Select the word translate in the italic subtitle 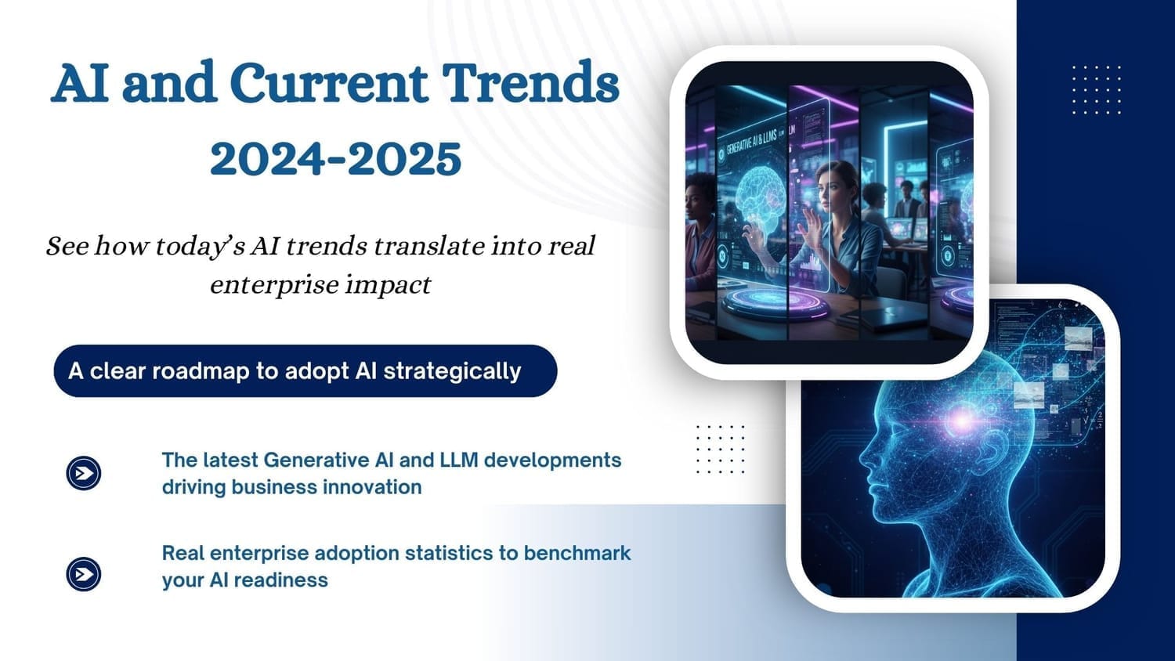[x=428, y=246]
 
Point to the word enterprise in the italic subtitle [x=274, y=286]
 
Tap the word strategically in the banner [x=452, y=371]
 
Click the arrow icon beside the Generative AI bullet [x=83, y=473]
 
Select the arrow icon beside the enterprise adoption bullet [x=83, y=574]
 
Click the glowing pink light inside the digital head [x=963, y=420]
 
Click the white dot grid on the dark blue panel [x=1097, y=90]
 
